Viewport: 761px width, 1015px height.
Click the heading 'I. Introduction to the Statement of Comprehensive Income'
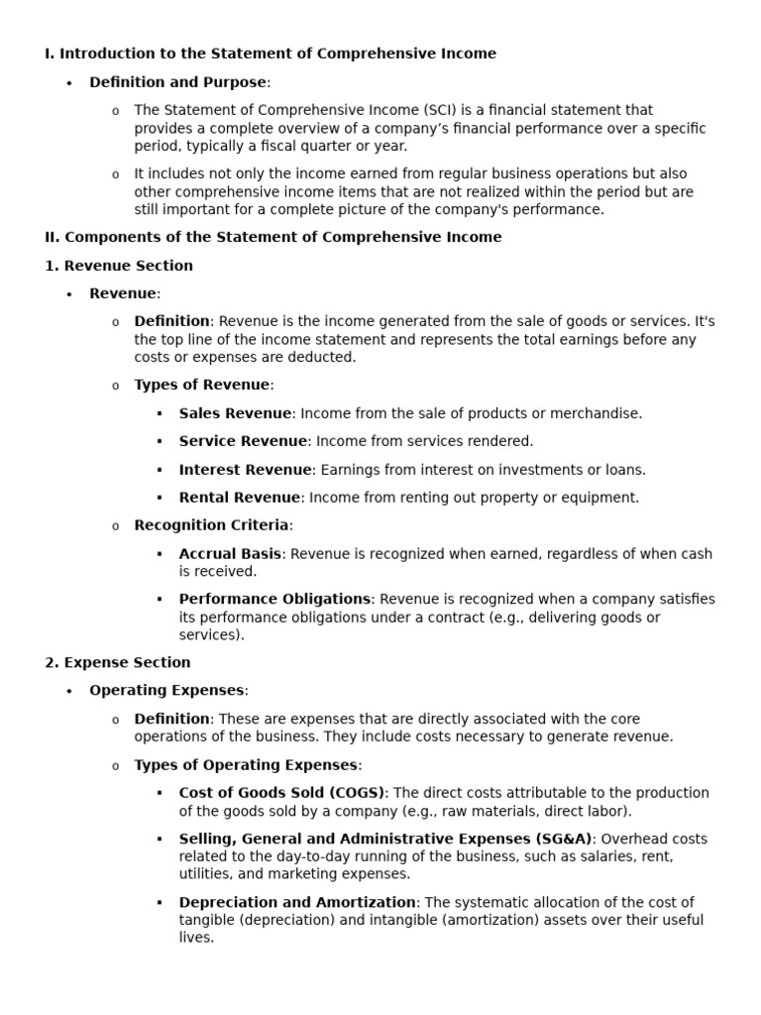pyautogui.click(x=271, y=54)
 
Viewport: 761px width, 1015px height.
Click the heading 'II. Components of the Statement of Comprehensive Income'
pyautogui.click(x=273, y=237)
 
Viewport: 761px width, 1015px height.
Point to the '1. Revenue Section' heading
pyautogui.click(x=119, y=266)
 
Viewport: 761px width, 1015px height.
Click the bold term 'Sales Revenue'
pyautogui.click(x=235, y=413)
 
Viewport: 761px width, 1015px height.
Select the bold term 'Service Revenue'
pyautogui.click(x=243, y=441)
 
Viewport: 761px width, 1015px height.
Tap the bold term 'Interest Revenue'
pyautogui.click(x=246, y=470)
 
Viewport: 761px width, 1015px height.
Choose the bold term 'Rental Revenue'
pyautogui.click(x=239, y=498)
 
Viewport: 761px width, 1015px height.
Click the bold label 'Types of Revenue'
pyautogui.click(x=202, y=385)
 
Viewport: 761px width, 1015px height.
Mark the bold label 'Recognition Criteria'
pyautogui.click(x=212, y=525)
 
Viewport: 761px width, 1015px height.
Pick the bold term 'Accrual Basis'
pyautogui.click(x=230, y=554)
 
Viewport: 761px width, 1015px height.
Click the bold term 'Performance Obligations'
pyautogui.click(x=274, y=599)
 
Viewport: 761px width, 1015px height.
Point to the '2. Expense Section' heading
pyautogui.click(x=118, y=662)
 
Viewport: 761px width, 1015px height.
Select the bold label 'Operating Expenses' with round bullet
pyautogui.click(x=166, y=690)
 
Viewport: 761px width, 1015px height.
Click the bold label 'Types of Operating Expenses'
pyautogui.click(x=246, y=765)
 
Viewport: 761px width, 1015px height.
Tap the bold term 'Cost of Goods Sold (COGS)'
pyautogui.click(x=281, y=793)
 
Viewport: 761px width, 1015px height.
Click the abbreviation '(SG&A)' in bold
pyautogui.click(x=558, y=839)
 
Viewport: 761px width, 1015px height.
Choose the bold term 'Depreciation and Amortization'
pyautogui.click(x=297, y=902)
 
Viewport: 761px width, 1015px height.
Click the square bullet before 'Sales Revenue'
pyautogui.click(x=159, y=413)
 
